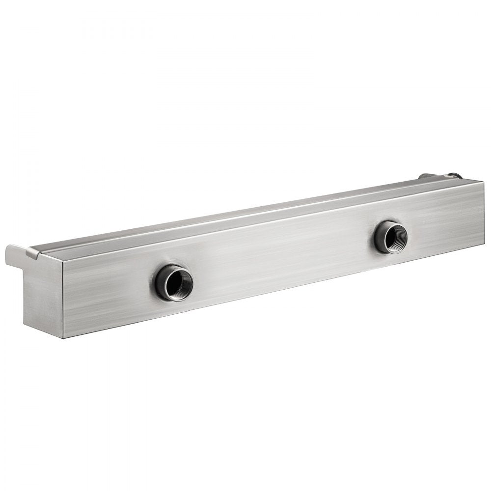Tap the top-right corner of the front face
click(483, 183)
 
